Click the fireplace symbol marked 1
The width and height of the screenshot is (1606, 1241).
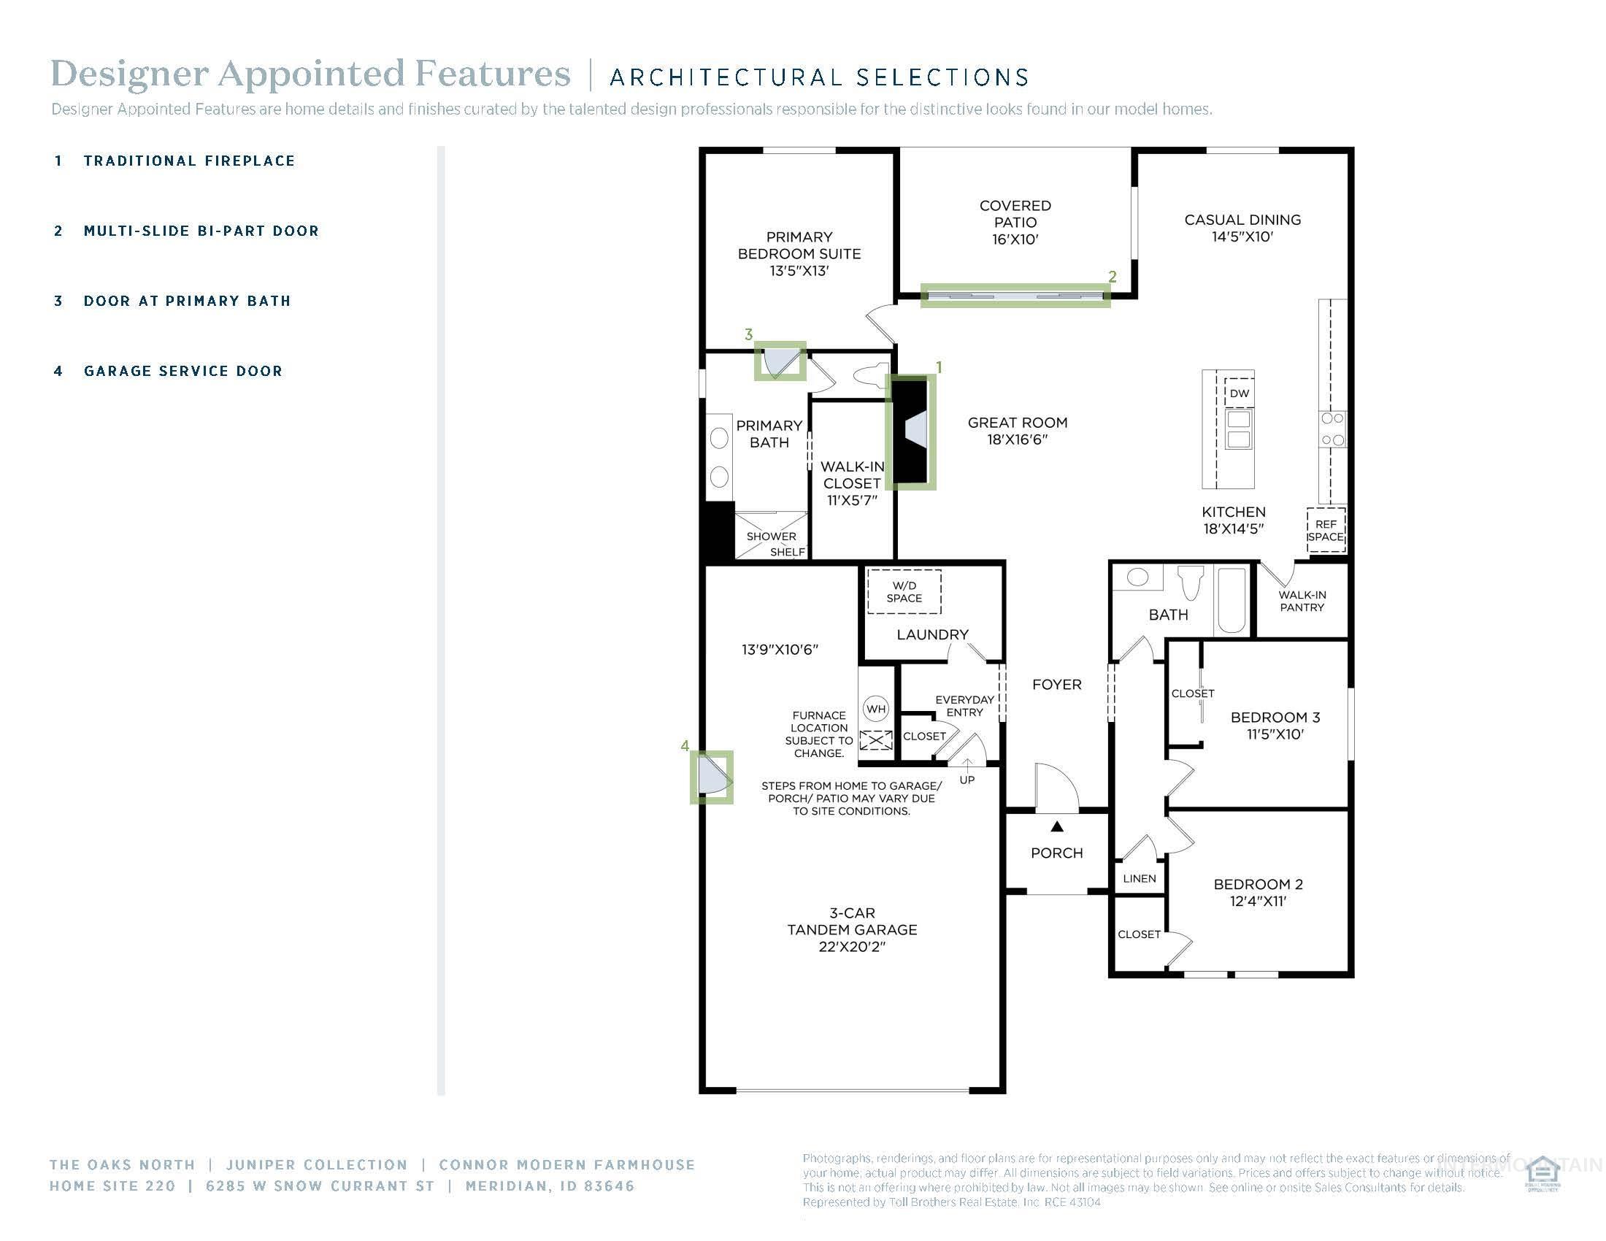[x=910, y=431]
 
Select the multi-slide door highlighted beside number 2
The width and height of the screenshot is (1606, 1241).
[x=1015, y=296]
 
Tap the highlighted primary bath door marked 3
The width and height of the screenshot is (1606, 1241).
[x=780, y=361]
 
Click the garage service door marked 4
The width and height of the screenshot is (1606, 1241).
[x=711, y=777]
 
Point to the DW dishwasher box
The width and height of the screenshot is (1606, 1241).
[x=1239, y=393]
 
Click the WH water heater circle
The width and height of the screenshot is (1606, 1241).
[x=875, y=709]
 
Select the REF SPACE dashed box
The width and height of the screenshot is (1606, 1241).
[x=1326, y=530]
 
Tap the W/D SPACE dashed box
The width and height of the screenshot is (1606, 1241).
[x=904, y=592]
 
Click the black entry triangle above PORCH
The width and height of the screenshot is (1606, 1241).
[x=1057, y=826]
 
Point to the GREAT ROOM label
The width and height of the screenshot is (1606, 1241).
[x=1017, y=423]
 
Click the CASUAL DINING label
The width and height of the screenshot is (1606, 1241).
[x=1242, y=220]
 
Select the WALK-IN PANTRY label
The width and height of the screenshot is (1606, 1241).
[x=1302, y=602]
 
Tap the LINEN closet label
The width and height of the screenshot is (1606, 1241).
[x=1139, y=878]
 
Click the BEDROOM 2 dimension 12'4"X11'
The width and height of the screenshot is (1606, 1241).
[x=1258, y=902]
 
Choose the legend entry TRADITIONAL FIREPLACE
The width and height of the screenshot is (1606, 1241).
[x=189, y=161]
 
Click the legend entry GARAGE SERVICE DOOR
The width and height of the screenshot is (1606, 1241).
[x=183, y=372]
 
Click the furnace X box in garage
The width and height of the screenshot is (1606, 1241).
[x=876, y=739]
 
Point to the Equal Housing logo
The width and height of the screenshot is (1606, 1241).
[x=1542, y=1175]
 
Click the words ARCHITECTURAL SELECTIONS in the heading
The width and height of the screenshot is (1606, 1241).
[x=819, y=77]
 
